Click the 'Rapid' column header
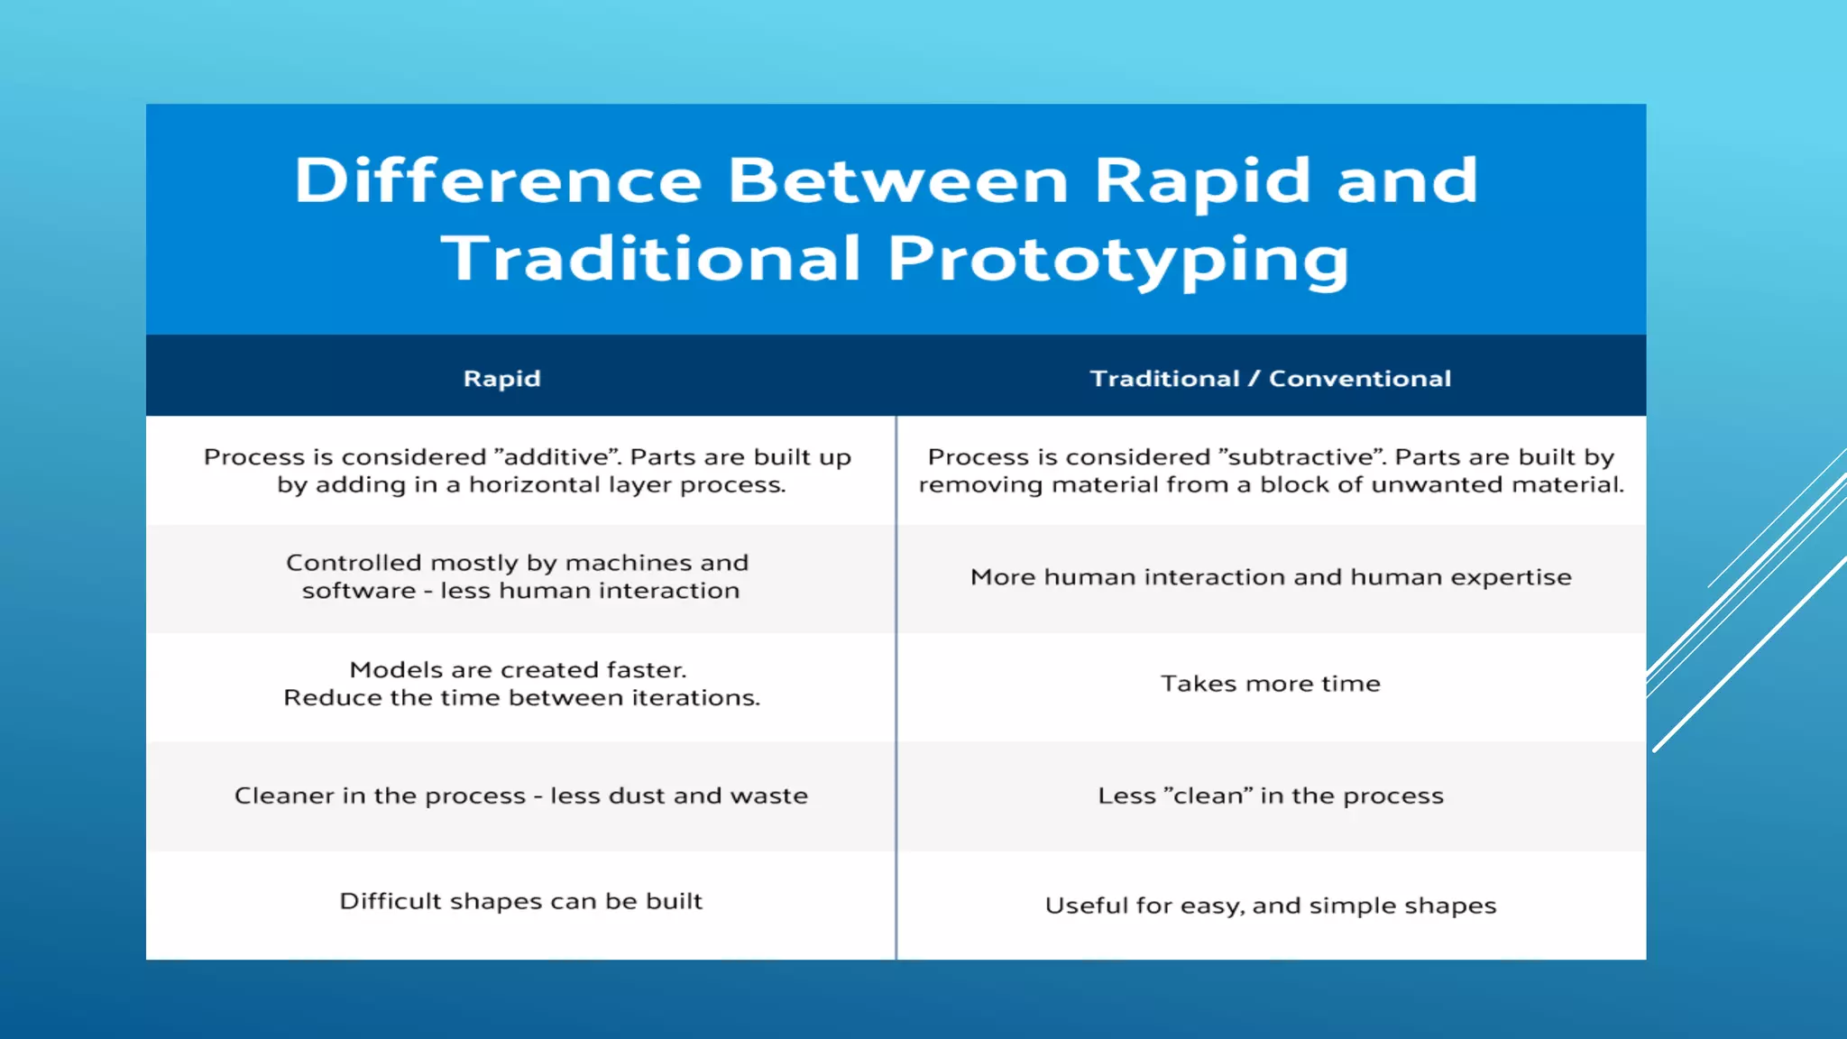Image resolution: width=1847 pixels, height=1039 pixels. [501, 379]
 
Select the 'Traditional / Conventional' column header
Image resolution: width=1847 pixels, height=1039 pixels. [1270, 379]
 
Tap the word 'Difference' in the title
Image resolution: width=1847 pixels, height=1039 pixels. [498, 180]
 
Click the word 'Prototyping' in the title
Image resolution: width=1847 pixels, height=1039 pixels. [1118, 260]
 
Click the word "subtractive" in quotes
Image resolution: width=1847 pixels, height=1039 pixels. [1301, 457]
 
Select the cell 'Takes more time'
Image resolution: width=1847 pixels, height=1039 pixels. [1270, 684]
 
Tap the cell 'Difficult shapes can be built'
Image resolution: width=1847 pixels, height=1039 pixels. [520, 901]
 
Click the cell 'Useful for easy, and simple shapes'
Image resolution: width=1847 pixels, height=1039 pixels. [1270, 906]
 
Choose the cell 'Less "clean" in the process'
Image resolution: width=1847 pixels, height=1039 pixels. [1270, 795]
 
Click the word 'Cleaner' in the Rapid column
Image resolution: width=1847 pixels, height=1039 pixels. [284, 795]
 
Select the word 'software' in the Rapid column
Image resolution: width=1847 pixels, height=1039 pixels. [358, 591]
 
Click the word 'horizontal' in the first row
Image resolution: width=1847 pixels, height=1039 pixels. [534, 485]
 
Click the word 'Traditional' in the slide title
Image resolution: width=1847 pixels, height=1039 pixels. [650, 260]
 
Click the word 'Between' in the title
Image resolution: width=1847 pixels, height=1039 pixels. [898, 180]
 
